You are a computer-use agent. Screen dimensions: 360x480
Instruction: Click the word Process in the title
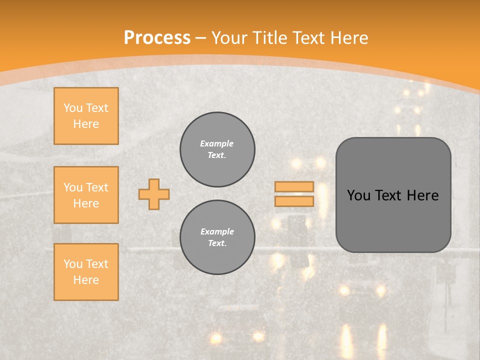point(157,38)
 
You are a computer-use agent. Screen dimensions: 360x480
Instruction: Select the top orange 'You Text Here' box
point(86,116)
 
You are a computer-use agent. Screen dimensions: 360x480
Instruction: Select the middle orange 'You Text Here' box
point(86,195)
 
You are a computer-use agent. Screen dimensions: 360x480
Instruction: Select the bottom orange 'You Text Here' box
point(86,272)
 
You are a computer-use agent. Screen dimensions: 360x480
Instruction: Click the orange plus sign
point(154,194)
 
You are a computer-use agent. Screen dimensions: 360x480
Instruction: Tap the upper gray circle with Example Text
point(217,149)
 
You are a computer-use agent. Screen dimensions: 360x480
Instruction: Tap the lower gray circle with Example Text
point(217,237)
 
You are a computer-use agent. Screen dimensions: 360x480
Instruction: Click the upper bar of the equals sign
point(294,187)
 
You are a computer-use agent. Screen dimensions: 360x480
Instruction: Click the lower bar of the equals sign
point(294,201)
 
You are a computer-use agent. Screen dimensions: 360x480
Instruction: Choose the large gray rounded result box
point(393,195)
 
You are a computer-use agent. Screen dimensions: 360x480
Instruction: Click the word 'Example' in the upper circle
point(217,143)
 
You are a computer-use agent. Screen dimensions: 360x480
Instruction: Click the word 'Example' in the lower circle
point(217,231)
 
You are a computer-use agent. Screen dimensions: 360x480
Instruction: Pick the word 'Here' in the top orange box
point(86,124)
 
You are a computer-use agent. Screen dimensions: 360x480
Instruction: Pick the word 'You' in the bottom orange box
point(73,264)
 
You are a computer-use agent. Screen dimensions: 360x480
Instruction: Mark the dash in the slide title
point(201,38)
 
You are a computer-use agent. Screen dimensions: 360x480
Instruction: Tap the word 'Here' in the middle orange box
point(86,203)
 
